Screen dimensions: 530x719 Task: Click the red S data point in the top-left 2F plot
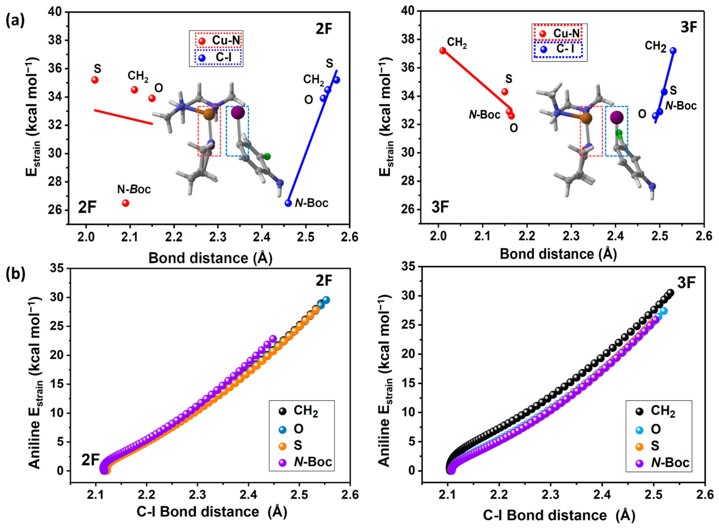pos(95,80)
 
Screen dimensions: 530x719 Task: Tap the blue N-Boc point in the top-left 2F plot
pos(288,203)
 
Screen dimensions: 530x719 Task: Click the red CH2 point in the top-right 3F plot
pos(443,50)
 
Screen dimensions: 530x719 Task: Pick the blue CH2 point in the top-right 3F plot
pos(673,50)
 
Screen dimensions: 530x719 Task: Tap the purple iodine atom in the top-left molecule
pos(238,113)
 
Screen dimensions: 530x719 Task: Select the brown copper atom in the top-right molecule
pos(586,118)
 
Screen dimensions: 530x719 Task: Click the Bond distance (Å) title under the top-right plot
pos(558,254)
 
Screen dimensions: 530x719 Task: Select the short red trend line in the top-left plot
pos(123,117)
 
